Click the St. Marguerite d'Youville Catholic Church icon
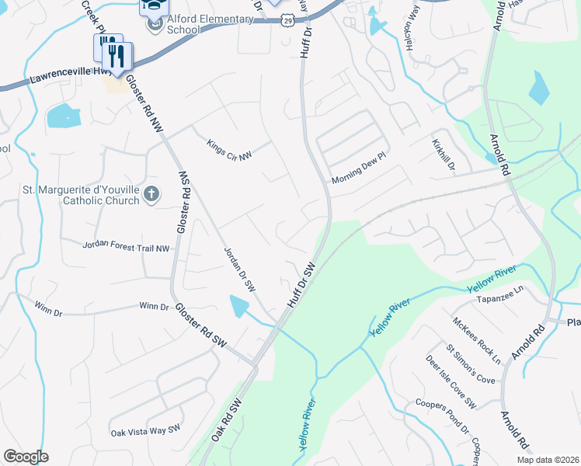coord(151,194)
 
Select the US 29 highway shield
coord(287,18)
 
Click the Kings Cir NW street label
coord(230,150)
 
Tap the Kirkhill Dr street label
coord(443,155)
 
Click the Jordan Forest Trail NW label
coord(126,246)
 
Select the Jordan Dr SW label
coord(239,270)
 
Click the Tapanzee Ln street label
coord(501,299)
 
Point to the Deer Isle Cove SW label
coord(451,382)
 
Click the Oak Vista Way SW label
coord(145,430)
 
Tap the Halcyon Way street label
coord(412,29)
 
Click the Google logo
coord(26,457)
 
